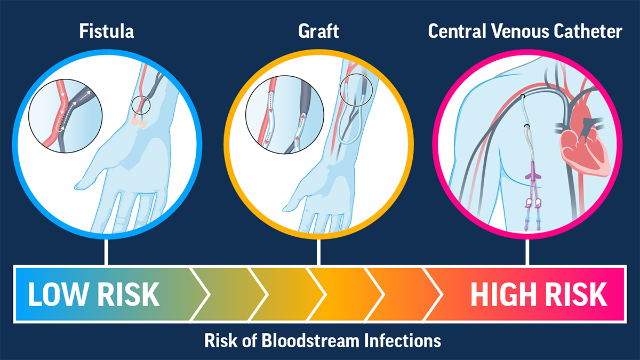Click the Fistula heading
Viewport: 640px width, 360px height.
(107, 31)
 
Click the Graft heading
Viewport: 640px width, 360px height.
(319, 31)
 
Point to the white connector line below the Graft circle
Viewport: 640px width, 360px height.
(319, 251)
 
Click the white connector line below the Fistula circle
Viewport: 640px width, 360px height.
(107, 251)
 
